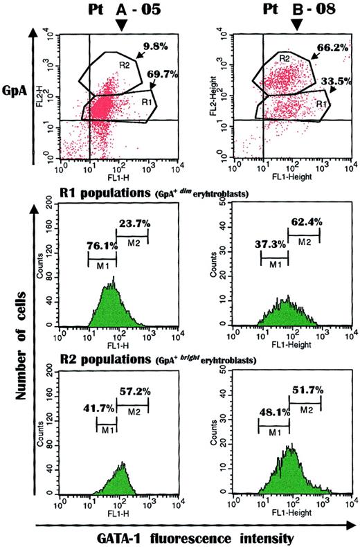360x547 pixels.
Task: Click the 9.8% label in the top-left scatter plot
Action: pos(156,48)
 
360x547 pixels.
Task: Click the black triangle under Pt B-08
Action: pos(296,24)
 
